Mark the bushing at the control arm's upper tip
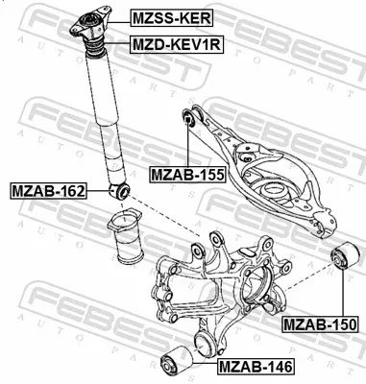click(189, 119)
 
